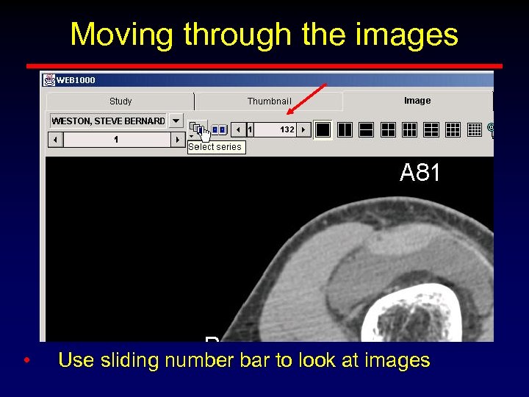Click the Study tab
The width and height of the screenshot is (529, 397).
coord(120,101)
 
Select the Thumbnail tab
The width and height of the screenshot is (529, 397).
coord(269,101)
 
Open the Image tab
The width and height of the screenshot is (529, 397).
coord(417,101)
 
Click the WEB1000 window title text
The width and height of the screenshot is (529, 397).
coord(76,80)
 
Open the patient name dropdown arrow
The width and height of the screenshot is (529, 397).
coord(176,121)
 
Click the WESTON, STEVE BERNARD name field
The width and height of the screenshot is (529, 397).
coord(108,121)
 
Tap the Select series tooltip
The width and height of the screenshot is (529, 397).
coord(215,147)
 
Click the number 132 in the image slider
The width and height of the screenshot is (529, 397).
coord(287,129)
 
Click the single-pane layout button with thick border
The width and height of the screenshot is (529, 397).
coord(323,129)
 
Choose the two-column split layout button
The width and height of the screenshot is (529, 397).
coord(345,129)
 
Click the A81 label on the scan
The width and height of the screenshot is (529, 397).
coord(420,174)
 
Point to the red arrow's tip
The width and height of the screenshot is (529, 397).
coord(289,113)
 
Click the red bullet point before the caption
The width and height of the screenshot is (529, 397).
coord(26,360)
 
